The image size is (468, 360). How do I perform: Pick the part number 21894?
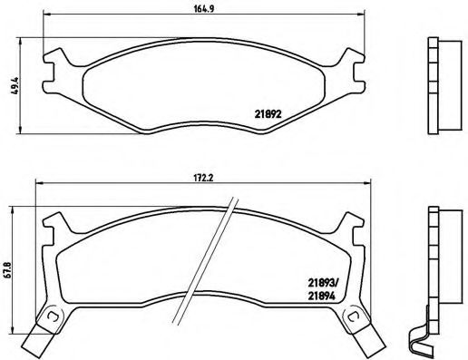point(322,295)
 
